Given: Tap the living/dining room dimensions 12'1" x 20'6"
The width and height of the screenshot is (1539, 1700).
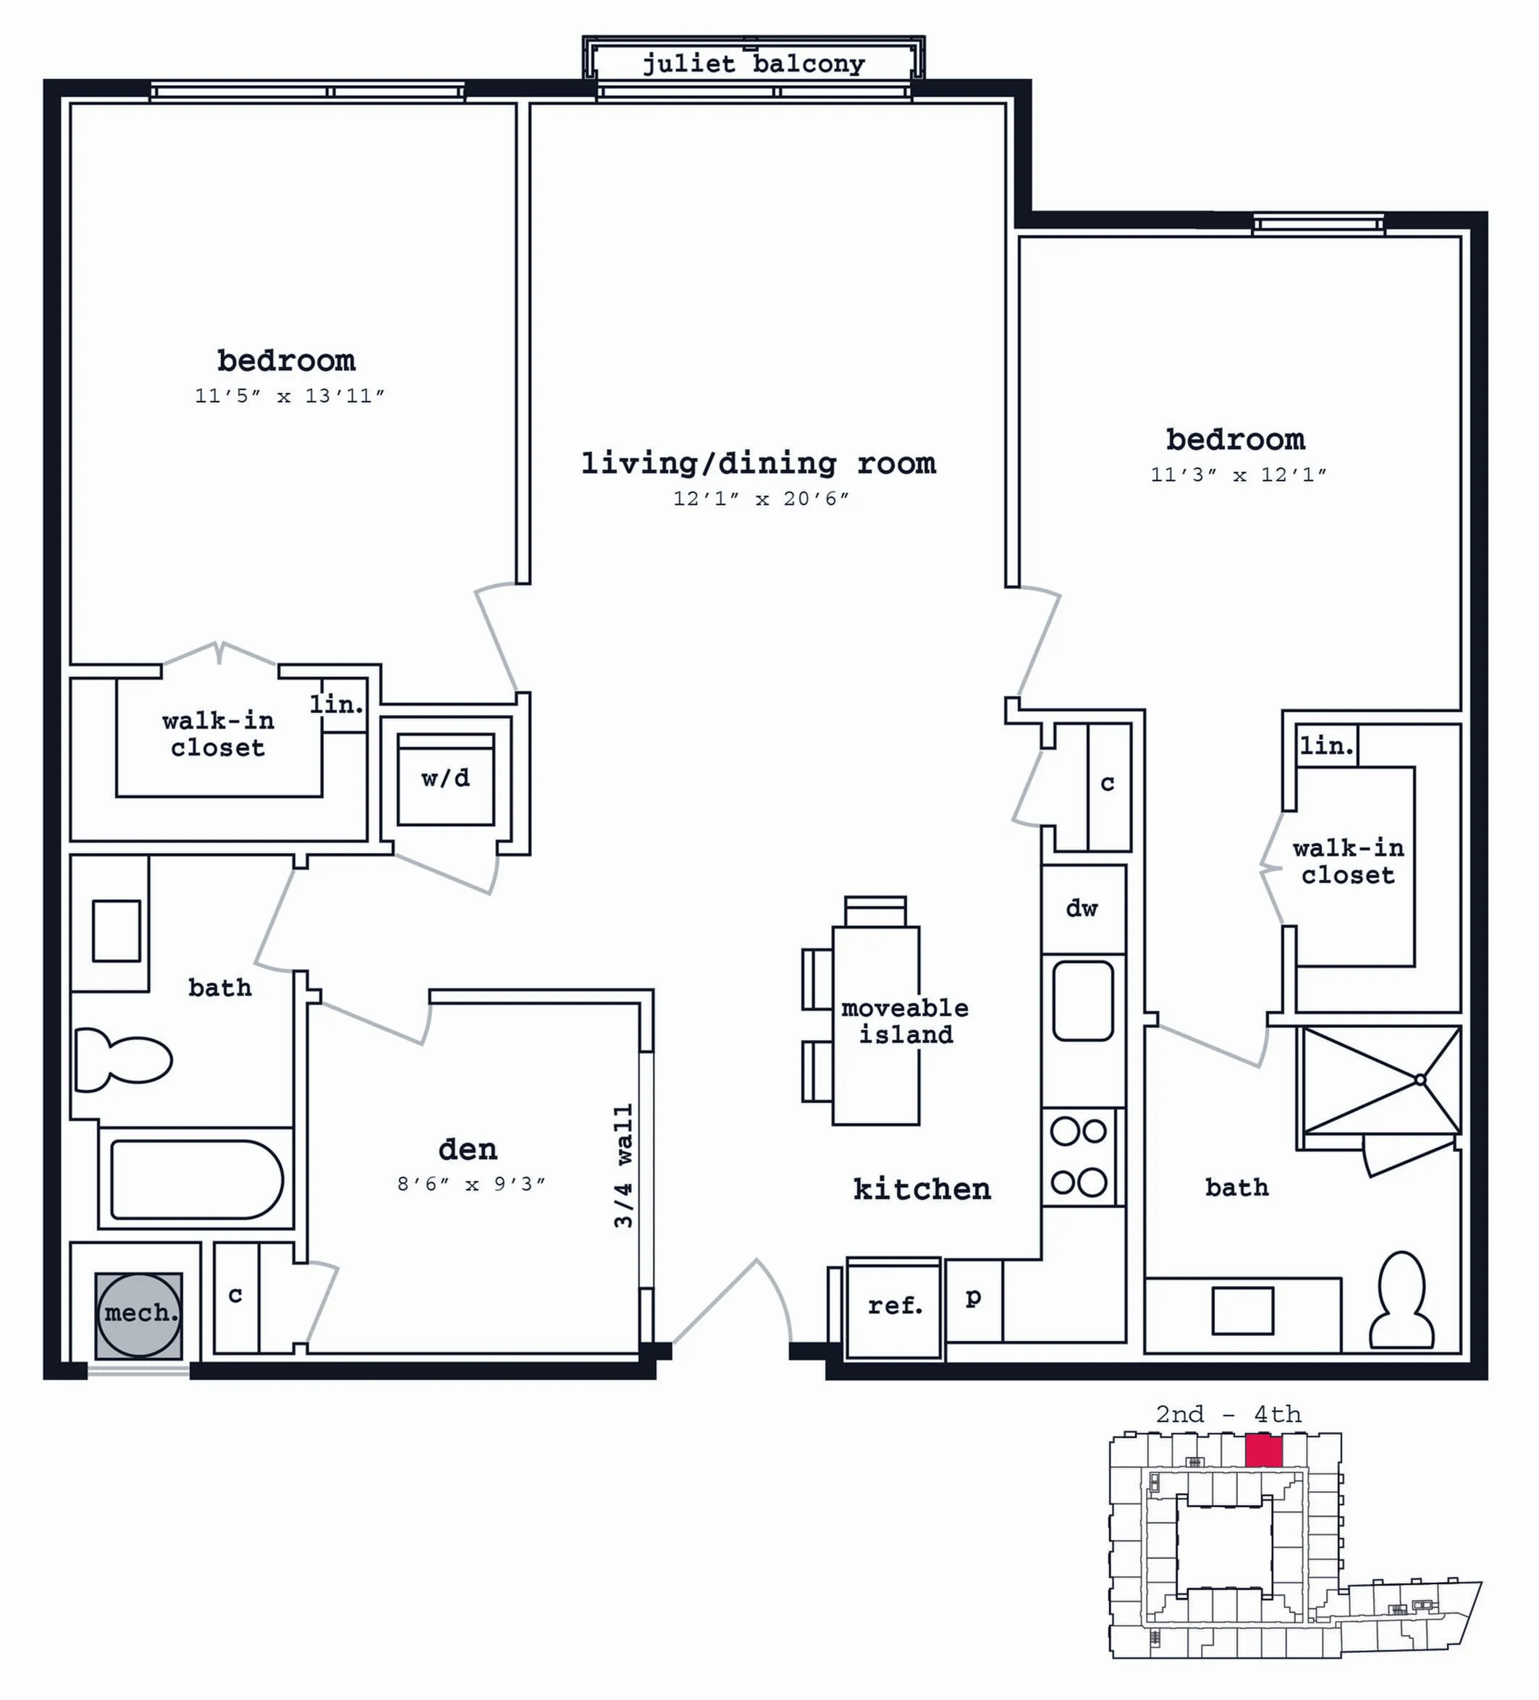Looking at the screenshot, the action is click(x=761, y=499).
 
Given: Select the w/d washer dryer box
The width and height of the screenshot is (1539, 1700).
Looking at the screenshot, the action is click(x=445, y=779).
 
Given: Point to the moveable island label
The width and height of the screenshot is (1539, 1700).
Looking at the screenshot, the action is click(x=905, y=1020).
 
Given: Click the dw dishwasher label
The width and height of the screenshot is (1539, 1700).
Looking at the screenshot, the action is click(x=1082, y=908).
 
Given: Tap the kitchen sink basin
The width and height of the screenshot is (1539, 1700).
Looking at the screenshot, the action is click(x=1083, y=1001).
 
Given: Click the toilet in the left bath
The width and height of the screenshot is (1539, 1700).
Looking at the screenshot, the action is click(x=123, y=1059).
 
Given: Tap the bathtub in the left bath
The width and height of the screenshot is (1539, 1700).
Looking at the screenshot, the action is click(x=196, y=1180).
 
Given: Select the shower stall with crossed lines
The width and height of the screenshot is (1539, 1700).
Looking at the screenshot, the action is click(x=1381, y=1081).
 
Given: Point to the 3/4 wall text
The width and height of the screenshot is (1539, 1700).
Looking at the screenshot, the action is click(x=623, y=1165).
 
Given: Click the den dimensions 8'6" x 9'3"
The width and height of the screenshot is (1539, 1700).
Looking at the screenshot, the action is click(x=471, y=1184).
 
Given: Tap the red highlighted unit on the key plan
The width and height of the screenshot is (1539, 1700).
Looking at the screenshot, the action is click(x=1264, y=1451).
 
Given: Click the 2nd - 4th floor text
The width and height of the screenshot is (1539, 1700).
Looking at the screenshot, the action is click(x=1228, y=1414).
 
